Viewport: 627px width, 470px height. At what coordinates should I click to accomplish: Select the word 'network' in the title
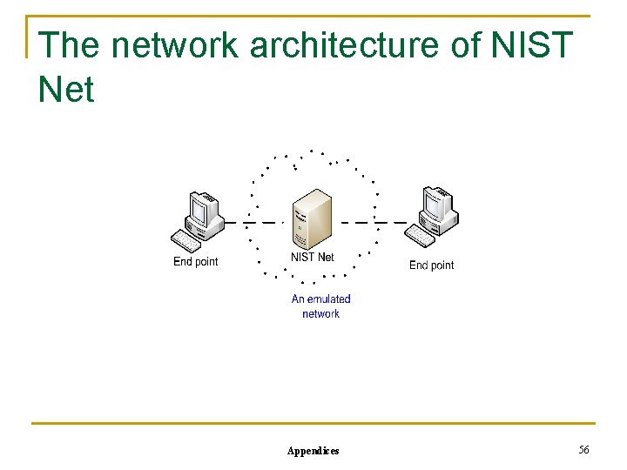[x=175, y=45]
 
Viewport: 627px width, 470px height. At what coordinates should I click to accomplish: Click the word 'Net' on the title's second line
[x=66, y=89]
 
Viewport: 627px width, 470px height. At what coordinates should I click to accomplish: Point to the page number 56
[x=583, y=449]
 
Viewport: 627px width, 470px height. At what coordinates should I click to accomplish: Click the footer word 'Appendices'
[x=313, y=450]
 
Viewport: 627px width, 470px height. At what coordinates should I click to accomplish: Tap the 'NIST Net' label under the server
[x=312, y=257]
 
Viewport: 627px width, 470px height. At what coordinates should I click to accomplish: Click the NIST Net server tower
[x=313, y=218]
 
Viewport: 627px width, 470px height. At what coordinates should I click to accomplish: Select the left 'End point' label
[x=196, y=261]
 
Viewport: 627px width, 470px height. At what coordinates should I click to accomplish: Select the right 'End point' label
[x=431, y=265]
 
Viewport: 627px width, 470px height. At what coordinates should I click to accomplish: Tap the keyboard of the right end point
[x=421, y=236]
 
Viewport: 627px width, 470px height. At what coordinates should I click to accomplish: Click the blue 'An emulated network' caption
[x=320, y=306]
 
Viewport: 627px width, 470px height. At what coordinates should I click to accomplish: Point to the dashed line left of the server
[x=261, y=223]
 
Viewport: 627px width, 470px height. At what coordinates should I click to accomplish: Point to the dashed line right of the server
[x=370, y=223]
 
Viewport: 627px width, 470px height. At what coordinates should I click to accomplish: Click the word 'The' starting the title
[x=70, y=45]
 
